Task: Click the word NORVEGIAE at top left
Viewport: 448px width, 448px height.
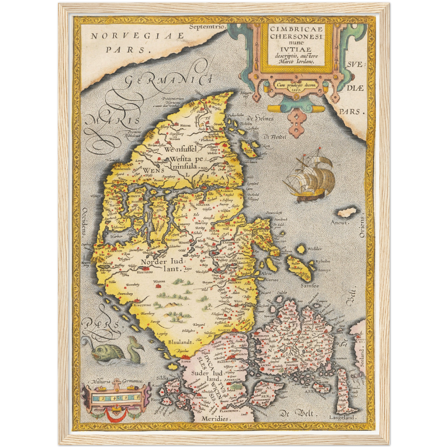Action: point(137,36)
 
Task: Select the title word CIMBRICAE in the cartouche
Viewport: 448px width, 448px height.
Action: point(296,29)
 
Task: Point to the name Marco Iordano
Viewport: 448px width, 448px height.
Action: point(296,61)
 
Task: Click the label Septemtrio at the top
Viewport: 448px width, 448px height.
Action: point(206,27)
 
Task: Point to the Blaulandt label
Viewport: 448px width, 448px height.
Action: point(181,342)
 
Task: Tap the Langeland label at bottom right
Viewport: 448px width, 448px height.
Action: point(342,418)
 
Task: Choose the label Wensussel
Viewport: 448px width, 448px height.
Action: point(181,149)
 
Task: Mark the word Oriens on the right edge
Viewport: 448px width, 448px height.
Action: point(362,227)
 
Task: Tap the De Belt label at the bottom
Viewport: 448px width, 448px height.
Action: point(296,413)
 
